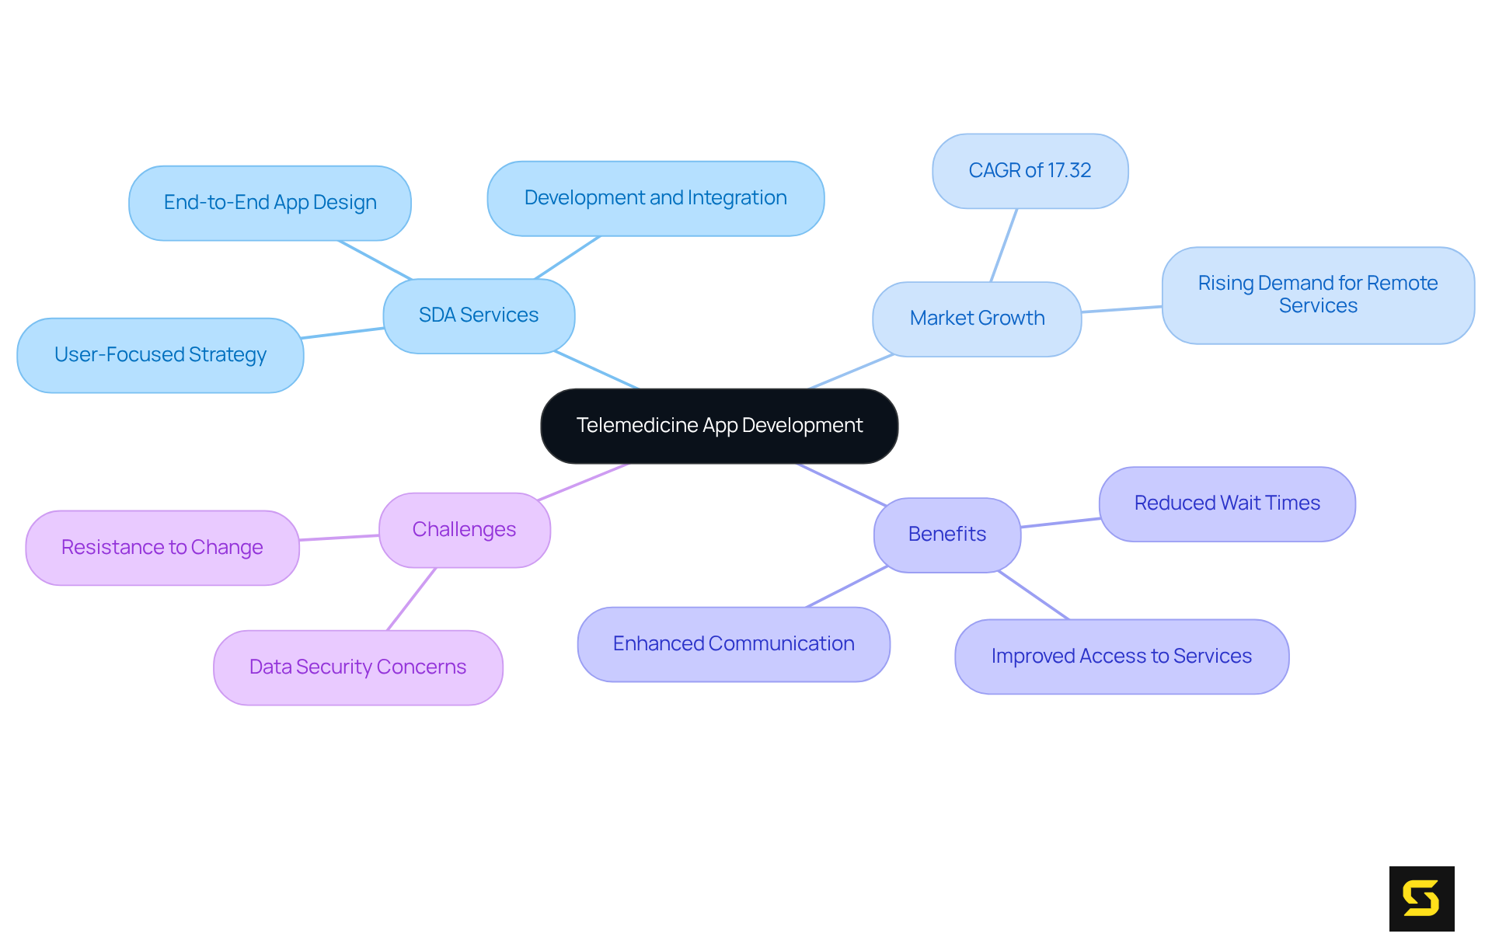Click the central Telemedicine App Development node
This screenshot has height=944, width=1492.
coord(719,426)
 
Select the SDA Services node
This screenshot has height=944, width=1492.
coord(479,315)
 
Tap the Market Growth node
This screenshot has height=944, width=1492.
coord(977,319)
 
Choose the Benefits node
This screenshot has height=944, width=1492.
coord(946,535)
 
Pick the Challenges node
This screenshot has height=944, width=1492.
coord(464,530)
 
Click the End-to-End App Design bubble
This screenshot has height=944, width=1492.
coord(270,203)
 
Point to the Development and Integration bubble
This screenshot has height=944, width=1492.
coord(655,198)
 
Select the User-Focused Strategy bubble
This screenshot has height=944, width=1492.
coord(160,355)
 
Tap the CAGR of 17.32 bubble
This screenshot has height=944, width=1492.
coord(1030,171)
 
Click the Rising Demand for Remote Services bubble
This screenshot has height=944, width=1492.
coord(1318,295)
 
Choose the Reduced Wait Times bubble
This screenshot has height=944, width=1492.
coord(1227,503)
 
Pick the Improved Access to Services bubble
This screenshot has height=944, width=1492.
coord(1121,657)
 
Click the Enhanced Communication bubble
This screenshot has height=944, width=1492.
coord(734,644)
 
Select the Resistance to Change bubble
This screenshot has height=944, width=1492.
coord(162,548)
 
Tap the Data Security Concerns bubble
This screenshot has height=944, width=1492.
coord(357,667)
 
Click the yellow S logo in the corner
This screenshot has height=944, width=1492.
coord(1421,898)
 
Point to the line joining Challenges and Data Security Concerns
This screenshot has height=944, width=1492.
coord(412,599)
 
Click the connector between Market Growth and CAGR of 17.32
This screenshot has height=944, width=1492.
coord(1004,245)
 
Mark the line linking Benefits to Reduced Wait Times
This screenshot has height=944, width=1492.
coord(1060,523)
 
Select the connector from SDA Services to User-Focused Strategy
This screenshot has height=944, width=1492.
coord(343,333)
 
